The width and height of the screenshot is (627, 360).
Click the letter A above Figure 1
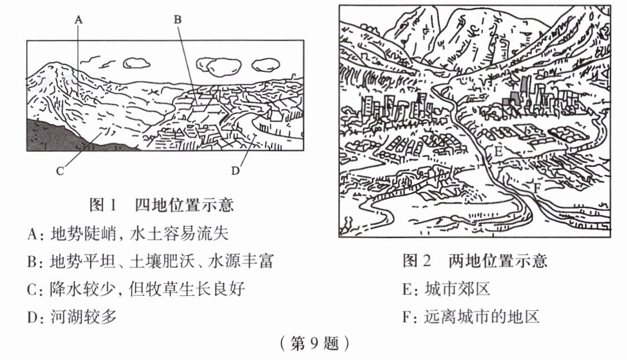78,19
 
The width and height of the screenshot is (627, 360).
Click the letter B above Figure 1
178,19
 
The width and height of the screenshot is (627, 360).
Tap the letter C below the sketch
60,171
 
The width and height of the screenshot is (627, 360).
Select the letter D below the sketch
235,171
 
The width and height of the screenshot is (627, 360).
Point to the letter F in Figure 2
537,188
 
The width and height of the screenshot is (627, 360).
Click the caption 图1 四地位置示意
161,205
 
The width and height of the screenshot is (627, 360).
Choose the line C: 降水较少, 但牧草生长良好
136,289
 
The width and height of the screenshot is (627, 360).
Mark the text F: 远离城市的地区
471,317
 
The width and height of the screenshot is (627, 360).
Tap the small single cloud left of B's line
136,62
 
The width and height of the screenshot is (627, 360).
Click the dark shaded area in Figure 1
56,137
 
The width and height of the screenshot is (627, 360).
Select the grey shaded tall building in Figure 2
524,86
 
